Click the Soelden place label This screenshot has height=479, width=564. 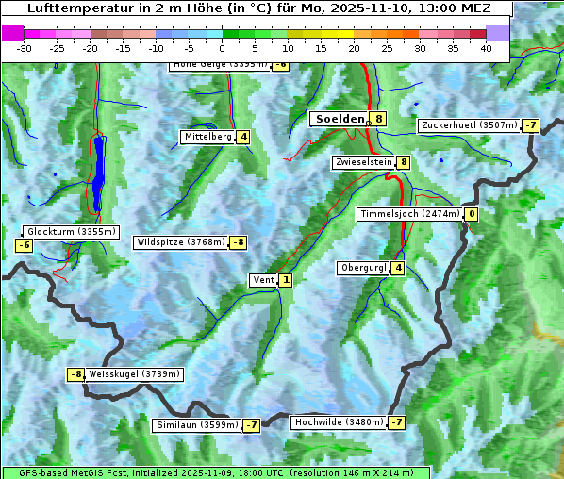pos(339,119)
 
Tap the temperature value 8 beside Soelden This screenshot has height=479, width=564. pos(378,119)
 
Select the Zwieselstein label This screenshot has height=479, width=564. pos(363,162)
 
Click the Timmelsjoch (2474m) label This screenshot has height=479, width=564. pos(410,214)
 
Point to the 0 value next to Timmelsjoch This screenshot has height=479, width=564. pos(472,214)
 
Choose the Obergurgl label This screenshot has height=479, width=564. pos(363,268)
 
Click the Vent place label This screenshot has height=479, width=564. pos(263,280)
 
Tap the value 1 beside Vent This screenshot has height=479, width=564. pos(286,280)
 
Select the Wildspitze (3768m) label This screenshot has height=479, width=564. pos(181,242)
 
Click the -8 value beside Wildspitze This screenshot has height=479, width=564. pos(239,242)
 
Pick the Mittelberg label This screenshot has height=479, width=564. pos(207,137)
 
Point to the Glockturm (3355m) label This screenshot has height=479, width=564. pos(71,232)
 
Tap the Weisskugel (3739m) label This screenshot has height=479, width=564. pos(134,374)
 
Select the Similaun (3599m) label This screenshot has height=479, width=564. pos(196,425)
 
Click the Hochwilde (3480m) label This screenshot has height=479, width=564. pos(338,422)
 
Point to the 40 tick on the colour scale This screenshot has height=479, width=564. pos(486,48)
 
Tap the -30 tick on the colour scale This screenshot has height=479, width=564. pos(25,48)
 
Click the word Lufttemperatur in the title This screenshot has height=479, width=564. pos(75,8)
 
